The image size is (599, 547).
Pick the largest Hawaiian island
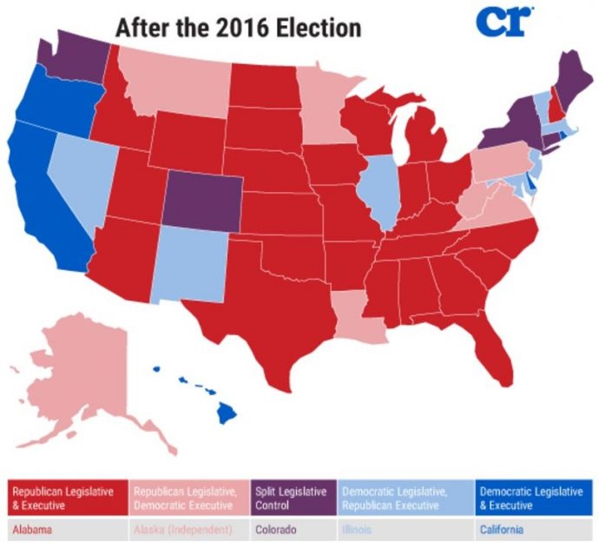tap(227, 412)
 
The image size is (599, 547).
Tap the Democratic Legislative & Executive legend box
tap(532, 497)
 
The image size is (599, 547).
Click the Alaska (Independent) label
tap(181, 528)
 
